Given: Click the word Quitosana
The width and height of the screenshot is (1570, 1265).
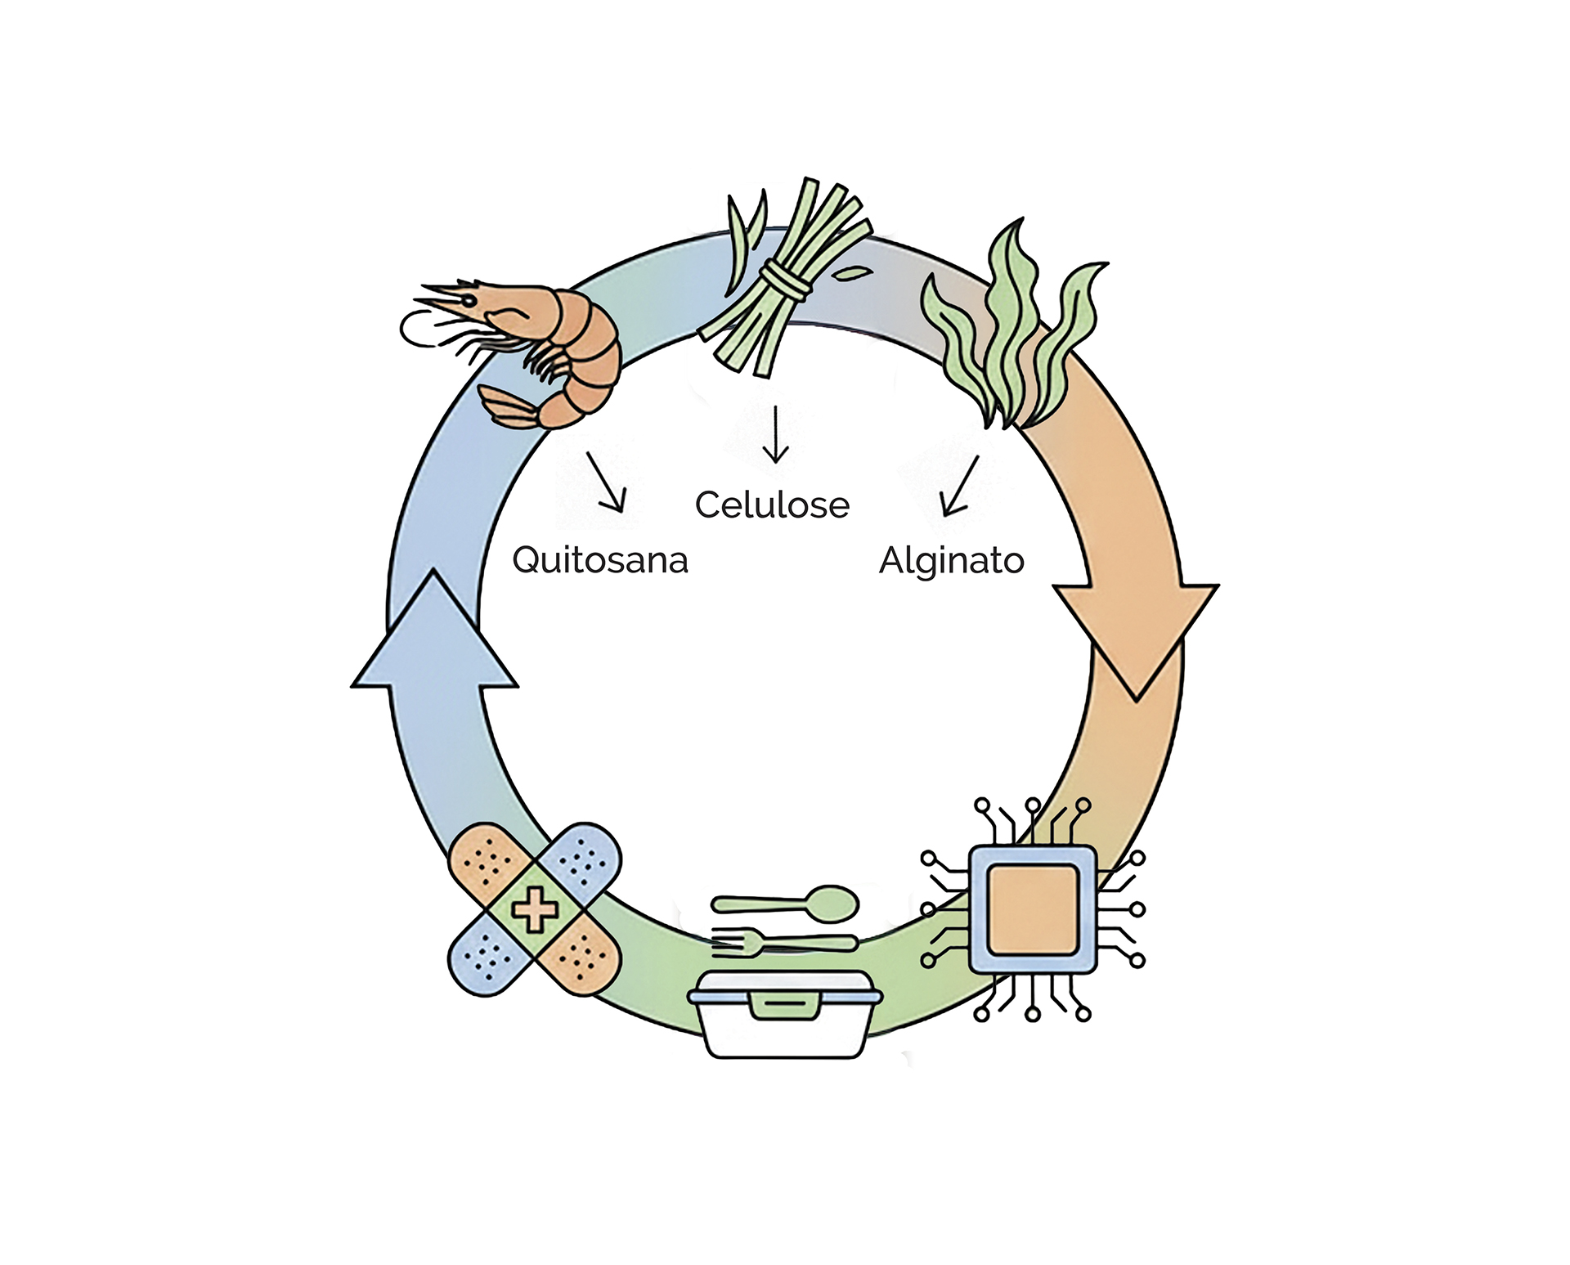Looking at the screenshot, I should click(599, 561).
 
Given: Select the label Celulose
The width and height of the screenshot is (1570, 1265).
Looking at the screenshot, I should click(772, 505).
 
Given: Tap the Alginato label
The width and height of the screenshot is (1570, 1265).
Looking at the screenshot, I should click(951, 561).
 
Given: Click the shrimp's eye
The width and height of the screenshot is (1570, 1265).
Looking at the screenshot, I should click(469, 301).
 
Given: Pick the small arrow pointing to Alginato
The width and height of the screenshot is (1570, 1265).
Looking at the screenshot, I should click(958, 487).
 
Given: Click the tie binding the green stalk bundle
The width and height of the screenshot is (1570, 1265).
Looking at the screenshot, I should click(785, 279).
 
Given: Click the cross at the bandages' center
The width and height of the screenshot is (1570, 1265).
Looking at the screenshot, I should click(535, 909).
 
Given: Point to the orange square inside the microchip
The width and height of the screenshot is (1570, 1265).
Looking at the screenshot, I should click(1032, 909).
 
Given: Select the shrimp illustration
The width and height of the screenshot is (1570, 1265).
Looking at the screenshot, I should click(532, 343).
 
